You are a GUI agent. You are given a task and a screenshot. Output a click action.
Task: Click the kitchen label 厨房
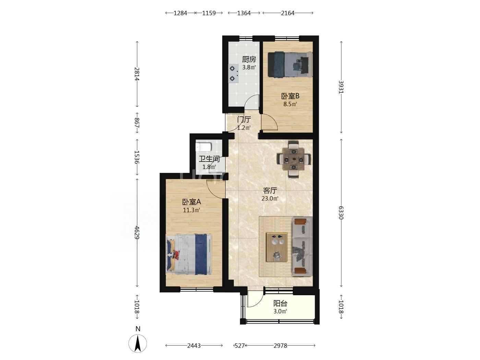click(249, 59)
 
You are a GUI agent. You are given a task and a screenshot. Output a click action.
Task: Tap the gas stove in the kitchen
click(233, 73)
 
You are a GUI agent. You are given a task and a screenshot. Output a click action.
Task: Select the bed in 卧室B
click(290, 64)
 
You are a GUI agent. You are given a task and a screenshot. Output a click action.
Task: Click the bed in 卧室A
click(189, 254)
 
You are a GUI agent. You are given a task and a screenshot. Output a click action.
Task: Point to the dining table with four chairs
click(294, 159)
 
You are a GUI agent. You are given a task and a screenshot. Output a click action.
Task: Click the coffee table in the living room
click(277, 247)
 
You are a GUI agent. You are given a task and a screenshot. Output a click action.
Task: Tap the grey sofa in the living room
click(302, 247)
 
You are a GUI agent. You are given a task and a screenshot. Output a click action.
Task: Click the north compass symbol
click(137, 343)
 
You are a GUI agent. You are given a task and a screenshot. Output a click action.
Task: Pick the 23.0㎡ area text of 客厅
click(270, 199)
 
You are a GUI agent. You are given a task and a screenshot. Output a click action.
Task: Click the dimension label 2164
click(288, 13)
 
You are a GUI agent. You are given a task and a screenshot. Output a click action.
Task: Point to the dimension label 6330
click(341, 213)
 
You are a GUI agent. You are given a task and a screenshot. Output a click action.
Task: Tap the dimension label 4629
click(137, 232)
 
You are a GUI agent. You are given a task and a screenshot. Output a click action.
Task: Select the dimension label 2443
click(194, 346)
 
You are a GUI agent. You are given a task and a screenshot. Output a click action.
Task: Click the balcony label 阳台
click(280, 303)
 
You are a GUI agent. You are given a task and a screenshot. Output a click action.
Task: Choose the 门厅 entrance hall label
click(244, 120)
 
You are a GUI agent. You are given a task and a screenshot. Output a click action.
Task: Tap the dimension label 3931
click(341, 87)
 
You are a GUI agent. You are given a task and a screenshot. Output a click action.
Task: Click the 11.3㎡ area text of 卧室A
click(192, 210)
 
